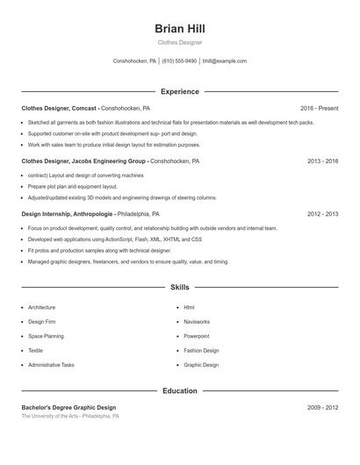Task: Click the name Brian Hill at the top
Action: coord(179,29)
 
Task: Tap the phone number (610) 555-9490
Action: coord(179,61)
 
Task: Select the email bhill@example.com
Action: coord(224,61)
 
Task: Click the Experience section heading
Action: coord(179,91)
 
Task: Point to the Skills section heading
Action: coord(179,287)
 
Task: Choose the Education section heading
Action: coord(179,390)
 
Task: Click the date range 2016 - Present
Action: coord(319,108)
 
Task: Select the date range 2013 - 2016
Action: coord(322,161)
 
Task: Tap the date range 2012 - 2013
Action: coord(322,213)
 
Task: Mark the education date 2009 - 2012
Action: coord(322,407)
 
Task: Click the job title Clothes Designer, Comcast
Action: coord(60,108)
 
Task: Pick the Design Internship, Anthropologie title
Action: coord(67,213)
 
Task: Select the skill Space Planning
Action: coord(46,336)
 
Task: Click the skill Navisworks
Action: coord(197,322)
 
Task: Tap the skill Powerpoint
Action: coord(197,336)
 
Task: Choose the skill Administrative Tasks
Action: coord(51,364)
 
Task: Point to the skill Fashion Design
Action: coord(201,350)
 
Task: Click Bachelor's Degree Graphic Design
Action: coord(68,407)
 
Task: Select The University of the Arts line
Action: coord(70,416)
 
